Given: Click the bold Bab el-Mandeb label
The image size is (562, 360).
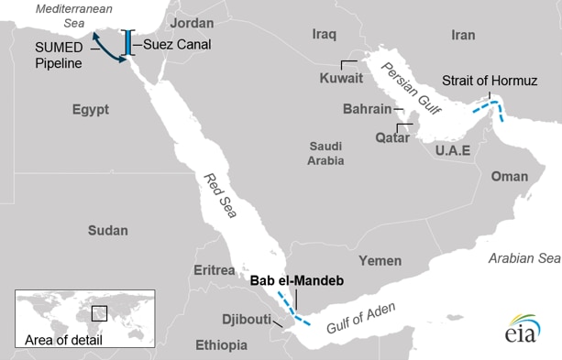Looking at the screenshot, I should point(296,281).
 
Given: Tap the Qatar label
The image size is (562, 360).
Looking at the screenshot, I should point(368,137).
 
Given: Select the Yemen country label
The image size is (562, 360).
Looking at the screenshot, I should point(380,260).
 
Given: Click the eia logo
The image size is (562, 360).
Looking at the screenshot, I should point(521,331).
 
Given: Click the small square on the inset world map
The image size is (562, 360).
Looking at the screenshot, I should point(99,313).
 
